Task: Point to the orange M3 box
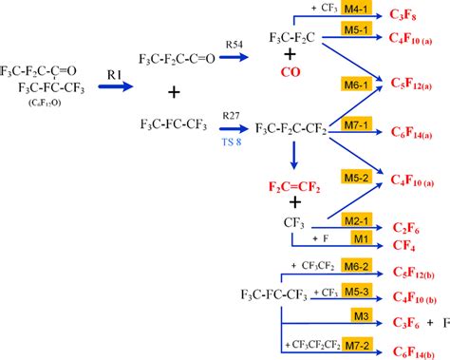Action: tap(360, 315)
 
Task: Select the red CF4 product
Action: tap(402, 243)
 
